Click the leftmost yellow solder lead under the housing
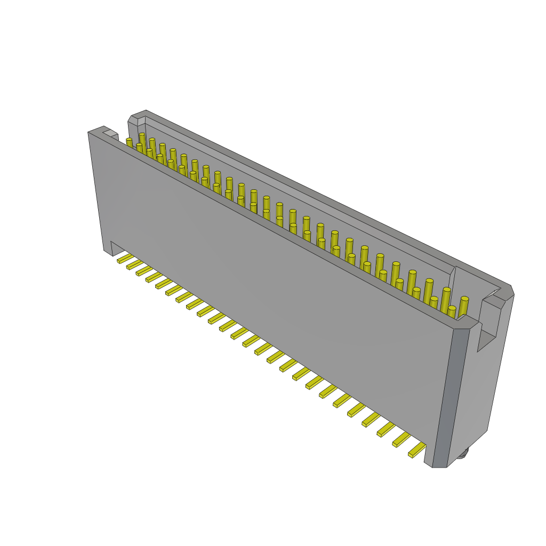tap(125, 259)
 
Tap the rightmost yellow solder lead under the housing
tap(417, 451)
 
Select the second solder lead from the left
tap(134, 264)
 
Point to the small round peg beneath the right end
tap(463, 453)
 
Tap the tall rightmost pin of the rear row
tap(463, 306)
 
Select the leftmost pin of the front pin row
tap(129, 143)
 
